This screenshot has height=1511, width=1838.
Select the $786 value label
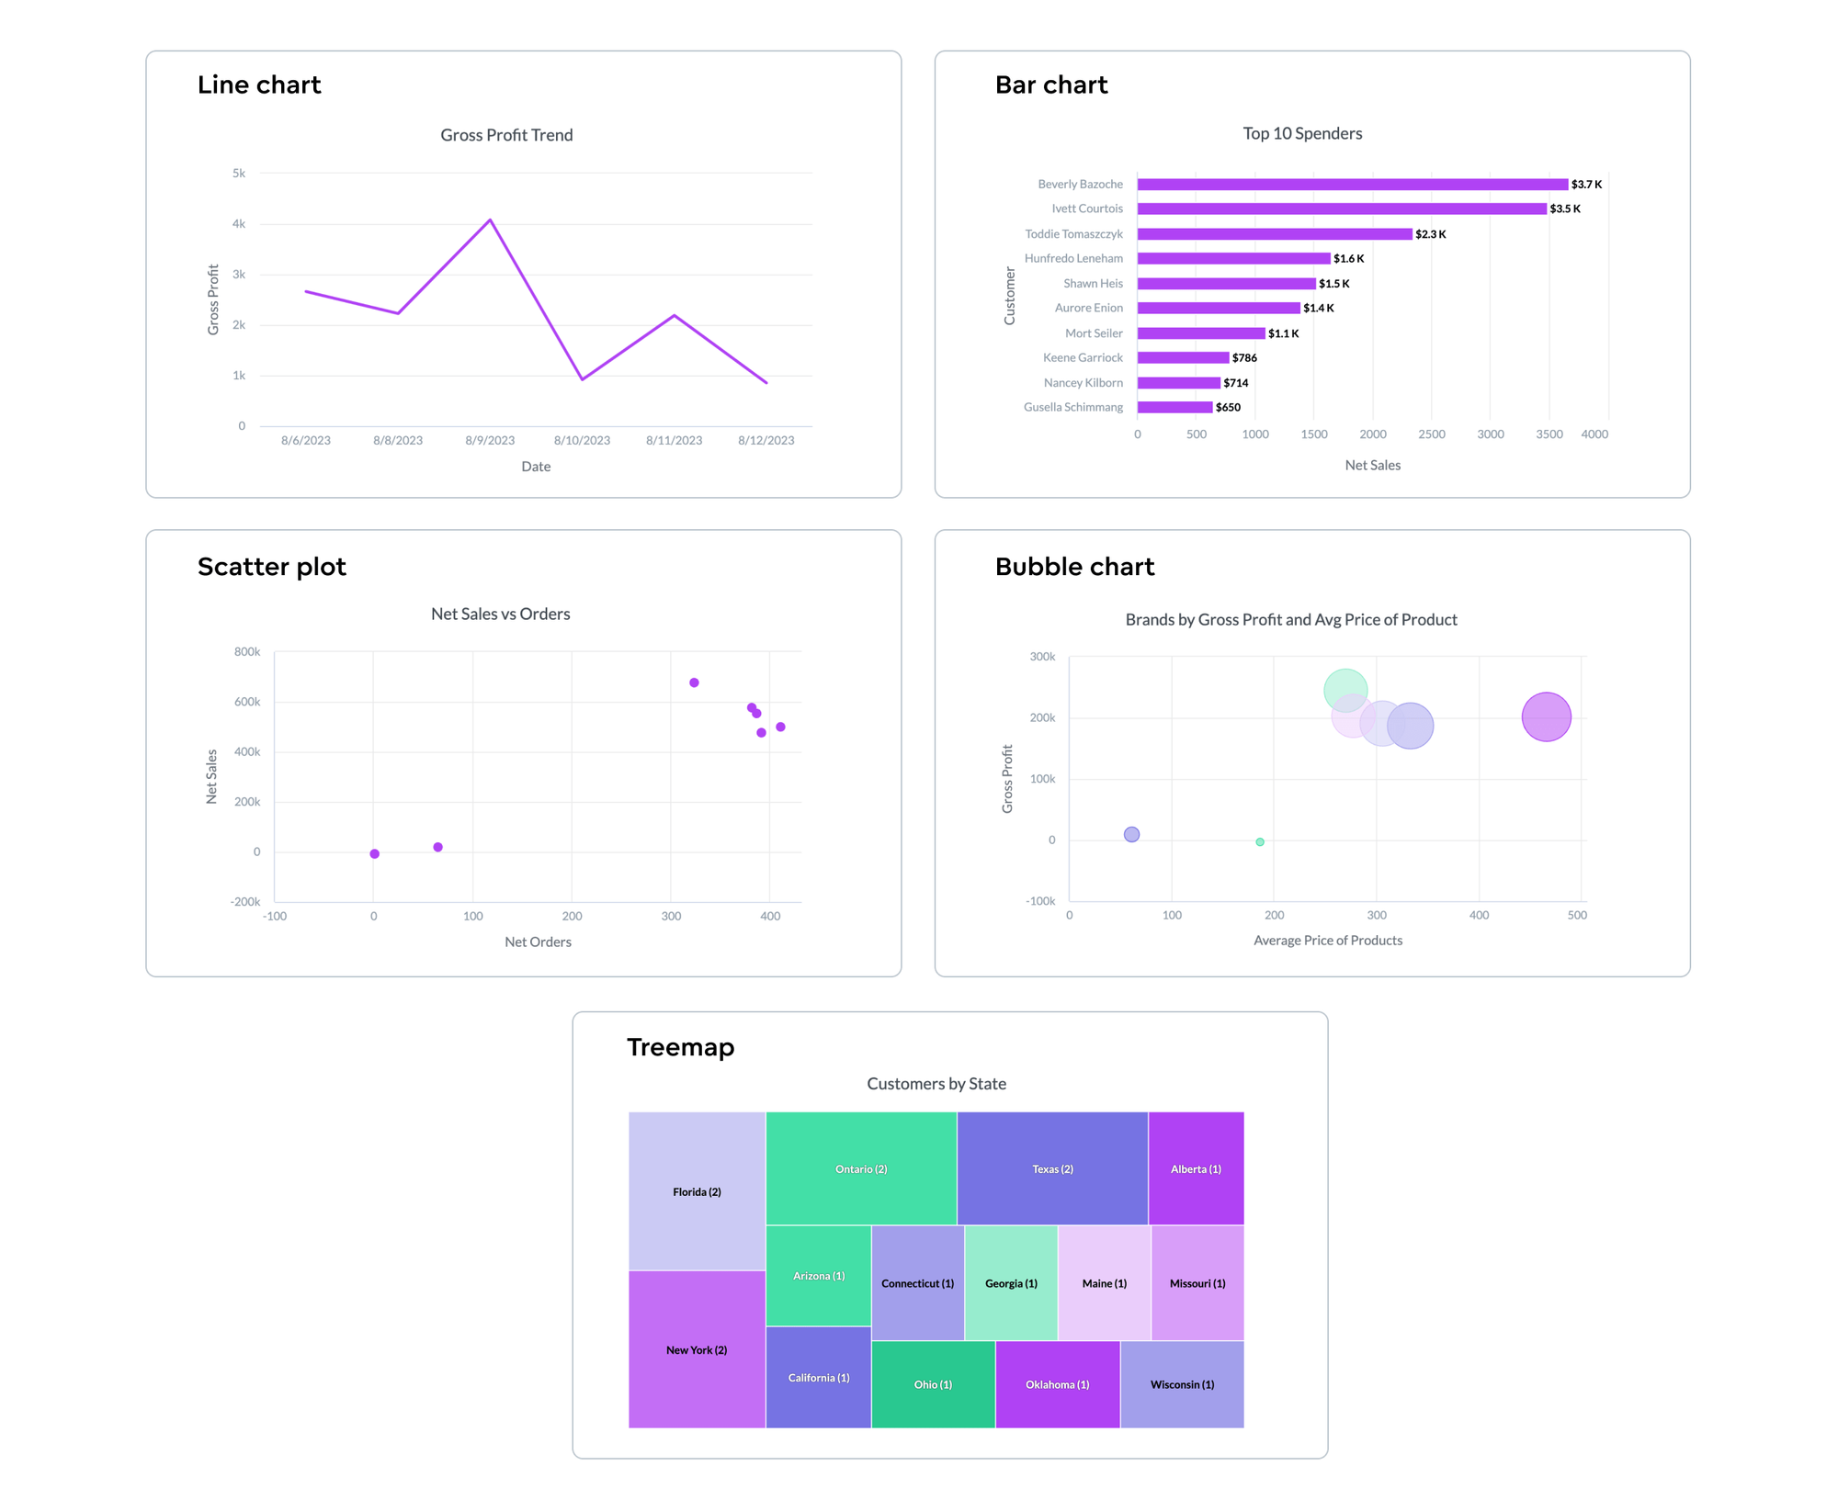pos(1244,358)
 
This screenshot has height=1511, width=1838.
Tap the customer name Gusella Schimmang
pos(1072,408)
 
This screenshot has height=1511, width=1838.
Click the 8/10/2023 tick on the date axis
pos(582,441)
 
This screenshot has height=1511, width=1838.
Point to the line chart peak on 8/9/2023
pos(490,220)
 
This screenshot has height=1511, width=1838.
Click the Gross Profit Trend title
pos(506,135)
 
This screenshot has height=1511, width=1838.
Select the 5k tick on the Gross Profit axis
pos(239,174)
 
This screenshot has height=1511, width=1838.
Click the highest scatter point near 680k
pos(694,682)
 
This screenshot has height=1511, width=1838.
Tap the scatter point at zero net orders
pos(374,854)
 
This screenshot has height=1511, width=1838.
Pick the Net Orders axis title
pos(538,942)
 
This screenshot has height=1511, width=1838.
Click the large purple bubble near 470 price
pos(1546,717)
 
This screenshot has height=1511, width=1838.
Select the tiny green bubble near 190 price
pos(1260,842)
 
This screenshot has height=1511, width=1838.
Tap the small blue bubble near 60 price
pos(1131,835)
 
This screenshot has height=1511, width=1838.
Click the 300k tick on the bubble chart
pos(1042,657)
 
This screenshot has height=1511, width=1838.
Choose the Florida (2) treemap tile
pos(697,1192)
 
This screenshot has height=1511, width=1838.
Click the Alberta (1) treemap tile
pos(1196,1169)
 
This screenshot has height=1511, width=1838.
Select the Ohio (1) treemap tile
pos(933,1385)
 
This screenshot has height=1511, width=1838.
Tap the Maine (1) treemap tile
pos(1104,1284)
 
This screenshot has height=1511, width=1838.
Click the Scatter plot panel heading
pos(272,567)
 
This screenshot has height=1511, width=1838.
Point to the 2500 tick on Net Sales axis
pos(1431,434)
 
